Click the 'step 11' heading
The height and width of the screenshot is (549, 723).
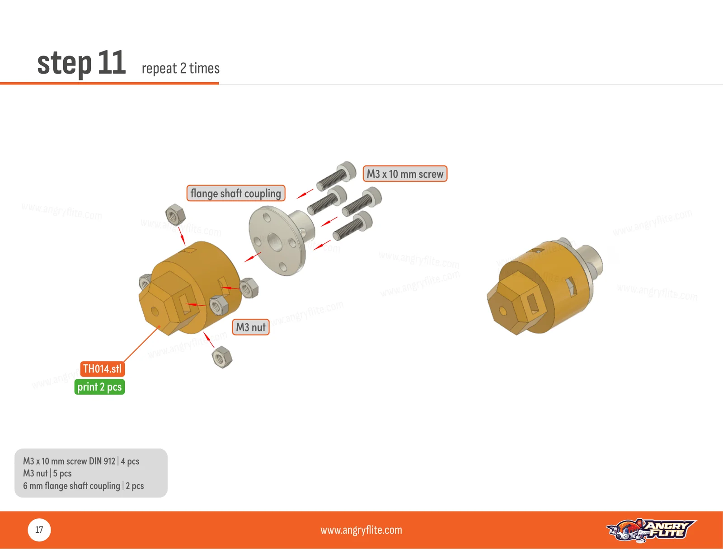[81, 63]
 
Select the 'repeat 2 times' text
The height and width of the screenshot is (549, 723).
[180, 69]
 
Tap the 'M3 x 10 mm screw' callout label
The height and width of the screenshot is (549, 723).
[405, 174]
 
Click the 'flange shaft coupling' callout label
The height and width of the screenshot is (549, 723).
[236, 193]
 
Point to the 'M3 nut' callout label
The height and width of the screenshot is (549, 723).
[251, 327]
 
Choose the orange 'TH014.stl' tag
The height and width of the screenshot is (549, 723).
[102, 369]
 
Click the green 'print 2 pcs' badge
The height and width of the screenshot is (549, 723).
[99, 387]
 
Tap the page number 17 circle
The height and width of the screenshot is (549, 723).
[39, 530]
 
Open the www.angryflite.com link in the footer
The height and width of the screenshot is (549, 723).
[361, 530]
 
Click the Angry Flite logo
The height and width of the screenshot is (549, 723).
[651, 530]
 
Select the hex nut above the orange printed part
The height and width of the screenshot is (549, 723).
[175, 214]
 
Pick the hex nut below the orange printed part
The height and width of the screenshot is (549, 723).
[222, 357]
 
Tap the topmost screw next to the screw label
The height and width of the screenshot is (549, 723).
[336, 177]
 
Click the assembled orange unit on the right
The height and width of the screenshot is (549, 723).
[545, 286]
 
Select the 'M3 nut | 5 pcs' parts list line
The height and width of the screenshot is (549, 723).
[47, 473]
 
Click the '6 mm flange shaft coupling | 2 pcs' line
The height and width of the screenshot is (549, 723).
[83, 486]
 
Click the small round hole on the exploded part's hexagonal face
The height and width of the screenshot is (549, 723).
[155, 312]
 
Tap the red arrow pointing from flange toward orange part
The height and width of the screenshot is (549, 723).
[253, 257]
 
